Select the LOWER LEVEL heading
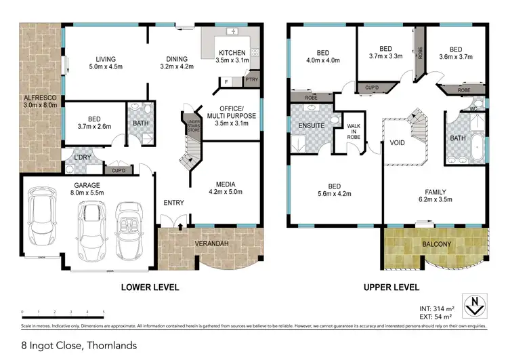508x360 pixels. coord(150,287)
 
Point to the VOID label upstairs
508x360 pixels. coord(397,143)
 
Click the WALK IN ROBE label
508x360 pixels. coord(354,131)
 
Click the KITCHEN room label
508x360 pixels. coord(232,53)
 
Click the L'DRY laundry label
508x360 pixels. coord(73,158)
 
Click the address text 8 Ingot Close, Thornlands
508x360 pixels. coord(79,346)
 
